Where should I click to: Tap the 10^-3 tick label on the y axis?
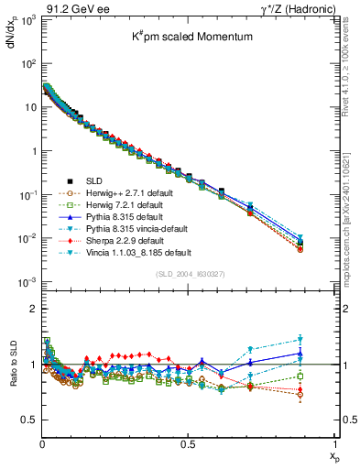point(27,282)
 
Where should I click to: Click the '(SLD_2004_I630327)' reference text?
point(188,273)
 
